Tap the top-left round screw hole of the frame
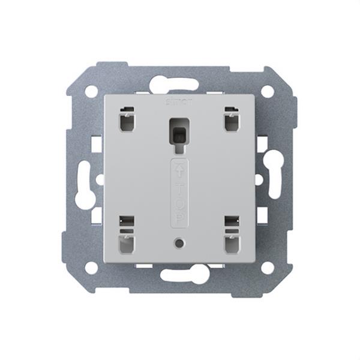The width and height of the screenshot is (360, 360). pyautogui.click(x=91, y=91)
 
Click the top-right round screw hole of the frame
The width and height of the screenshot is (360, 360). pyautogui.click(x=268, y=91)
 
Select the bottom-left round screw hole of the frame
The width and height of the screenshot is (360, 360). pyautogui.click(x=91, y=267)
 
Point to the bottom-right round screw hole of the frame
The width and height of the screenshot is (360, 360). pyautogui.click(x=268, y=267)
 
